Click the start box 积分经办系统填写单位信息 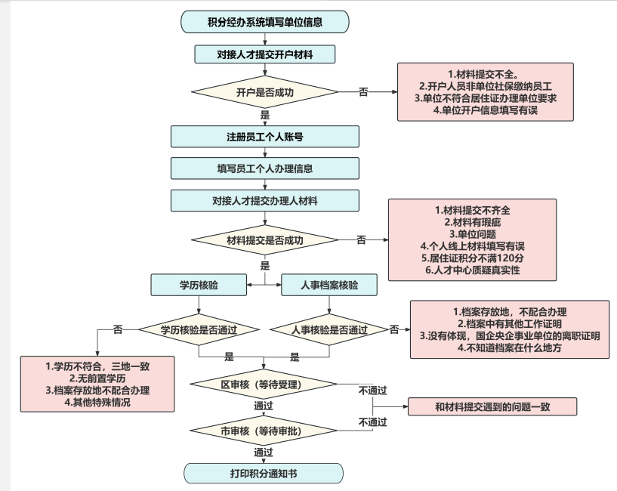click(x=265, y=22)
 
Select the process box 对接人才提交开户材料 click(x=265, y=54)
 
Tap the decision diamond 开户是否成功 click(x=265, y=92)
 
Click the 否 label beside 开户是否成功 click(x=363, y=92)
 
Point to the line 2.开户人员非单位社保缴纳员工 click(x=485, y=86)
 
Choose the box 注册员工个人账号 click(x=265, y=137)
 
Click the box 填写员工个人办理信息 click(x=265, y=168)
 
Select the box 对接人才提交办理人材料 click(x=265, y=201)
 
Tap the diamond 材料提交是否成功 click(x=265, y=239)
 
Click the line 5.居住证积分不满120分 click(x=472, y=258)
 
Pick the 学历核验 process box click(x=199, y=285)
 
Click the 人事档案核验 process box click(x=329, y=285)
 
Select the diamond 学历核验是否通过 click(x=199, y=329)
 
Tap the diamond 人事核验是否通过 click(x=329, y=329)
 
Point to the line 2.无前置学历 click(x=97, y=378)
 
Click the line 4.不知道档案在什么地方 click(x=510, y=348)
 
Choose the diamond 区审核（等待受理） click(x=264, y=384)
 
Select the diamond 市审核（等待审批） click(x=264, y=431)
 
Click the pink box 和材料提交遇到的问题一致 click(x=492, y=406)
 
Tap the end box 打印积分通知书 click(x=264, y=474)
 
